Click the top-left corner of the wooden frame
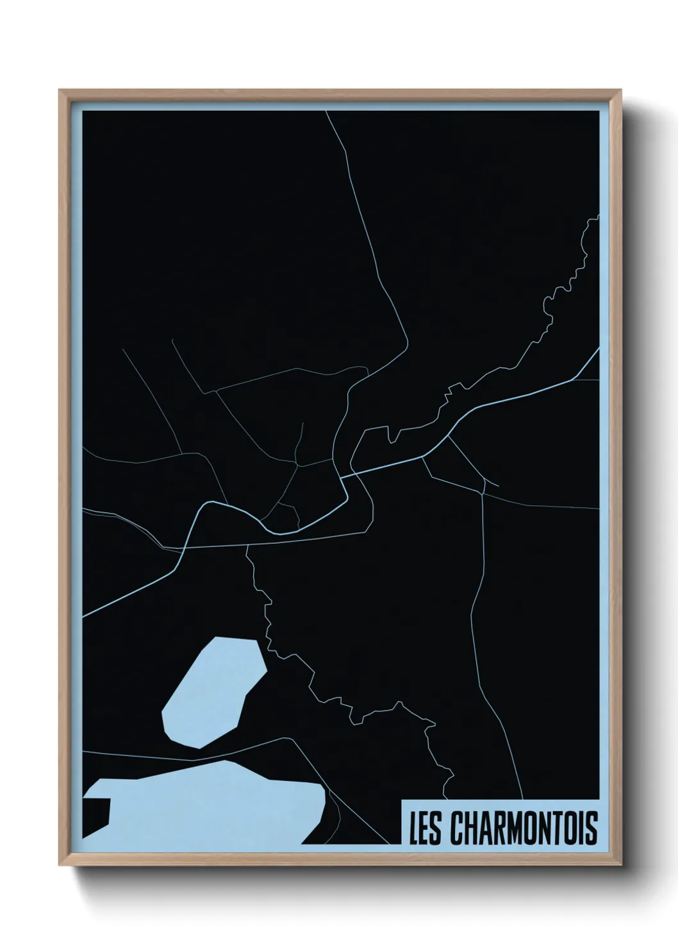pos(61,92)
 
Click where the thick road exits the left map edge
pos(83,617)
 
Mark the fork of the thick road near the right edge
pos(572,380)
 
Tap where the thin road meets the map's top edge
pos(326,112)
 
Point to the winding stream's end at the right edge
pos(597,217)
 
